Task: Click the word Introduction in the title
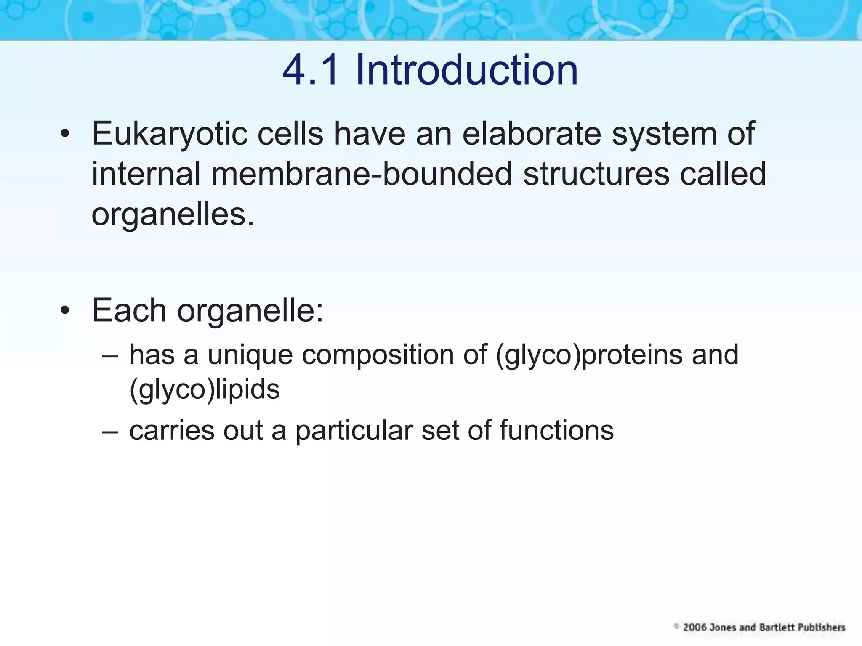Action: pos(466,70)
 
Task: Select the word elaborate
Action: pos(532,134)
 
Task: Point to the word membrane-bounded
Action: pos(361,174)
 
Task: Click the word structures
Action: pos(596,174)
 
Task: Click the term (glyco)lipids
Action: pos(205,389)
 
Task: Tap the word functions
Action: pos(556,431)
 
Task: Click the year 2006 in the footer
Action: pos(695,627)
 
